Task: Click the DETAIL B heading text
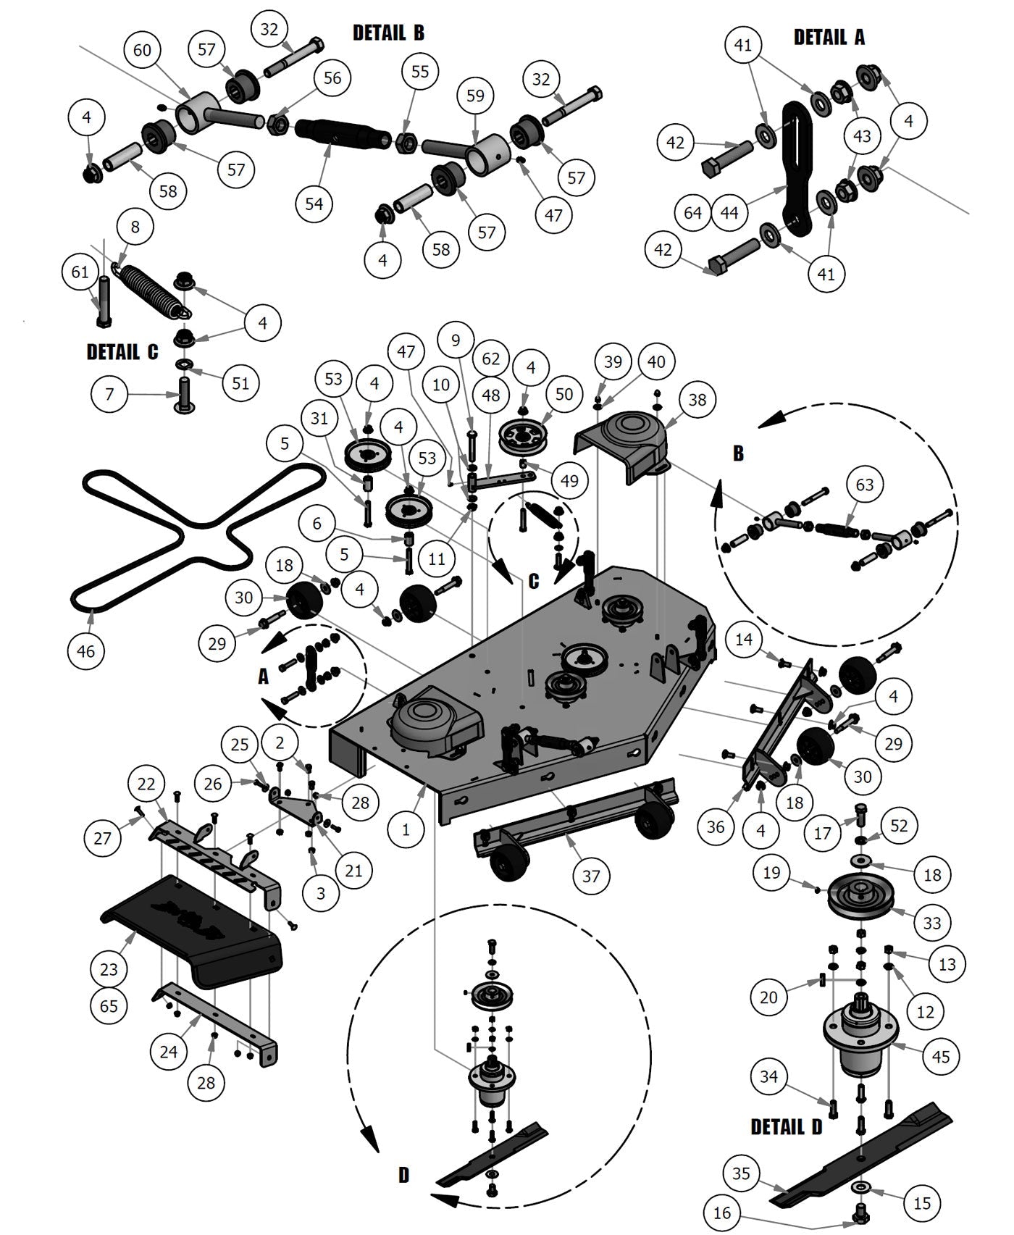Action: tap(388, 33)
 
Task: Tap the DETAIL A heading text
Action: tap(829, 37)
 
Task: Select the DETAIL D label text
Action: tap(786, 1127)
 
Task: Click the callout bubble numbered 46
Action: tap(85, 651)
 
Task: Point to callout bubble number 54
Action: tap(314, 204)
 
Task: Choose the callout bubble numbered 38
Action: tap(697, 399)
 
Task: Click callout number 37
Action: tap(591, 876)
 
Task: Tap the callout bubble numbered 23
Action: tap(109, 969)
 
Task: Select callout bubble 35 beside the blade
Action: tap(741, 1173)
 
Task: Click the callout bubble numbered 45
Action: tap(940, 1057)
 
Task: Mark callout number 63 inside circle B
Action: tap(865, 484)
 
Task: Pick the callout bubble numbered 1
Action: tap(406, 829)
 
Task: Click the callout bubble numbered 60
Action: tap(142, 49)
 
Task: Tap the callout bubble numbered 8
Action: tap(135, 227)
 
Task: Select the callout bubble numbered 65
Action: tap(109, 1006)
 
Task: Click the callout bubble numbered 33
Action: tap(931, 923)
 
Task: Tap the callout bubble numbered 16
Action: tap(722, 1213)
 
